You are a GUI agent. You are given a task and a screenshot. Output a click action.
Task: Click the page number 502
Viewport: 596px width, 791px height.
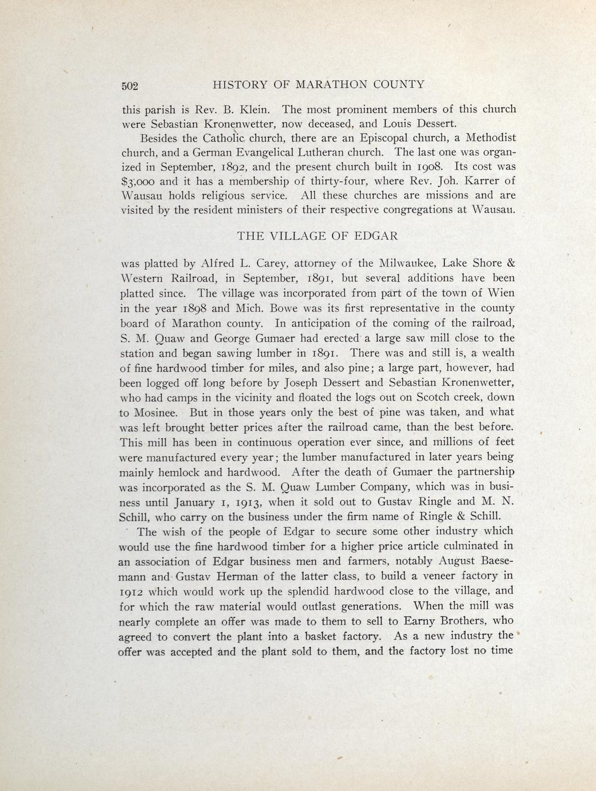tap(130, 86)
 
